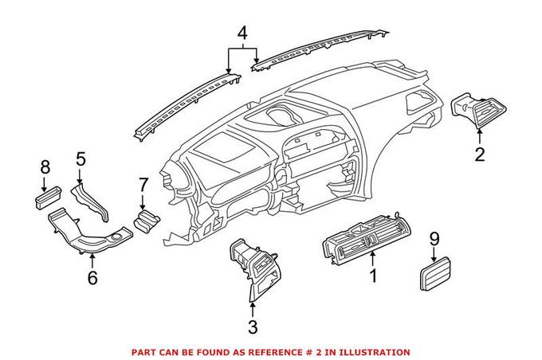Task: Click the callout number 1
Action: (371, 278)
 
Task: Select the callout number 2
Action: (480, 154)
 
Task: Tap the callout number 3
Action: (253, 327)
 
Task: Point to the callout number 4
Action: (242, 34)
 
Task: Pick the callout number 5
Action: (81, 158)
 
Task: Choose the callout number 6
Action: (92, 277)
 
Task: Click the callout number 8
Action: (45, 168)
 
